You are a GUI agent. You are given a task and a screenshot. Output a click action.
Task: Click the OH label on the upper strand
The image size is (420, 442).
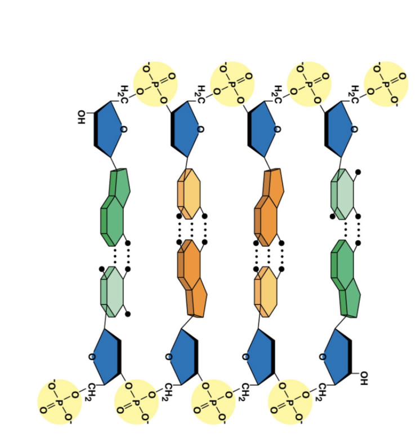click(x=81, y=117)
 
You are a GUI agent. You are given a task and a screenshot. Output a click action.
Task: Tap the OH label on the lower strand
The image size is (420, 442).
click(x=364, y=378)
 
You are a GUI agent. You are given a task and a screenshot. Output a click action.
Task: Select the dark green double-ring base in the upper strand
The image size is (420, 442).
click(x=115, y=207)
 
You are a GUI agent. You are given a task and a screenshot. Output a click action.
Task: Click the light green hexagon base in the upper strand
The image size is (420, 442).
click(x=342, y=194)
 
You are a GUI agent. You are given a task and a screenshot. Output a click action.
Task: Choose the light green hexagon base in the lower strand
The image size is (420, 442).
click(x=111, y=292)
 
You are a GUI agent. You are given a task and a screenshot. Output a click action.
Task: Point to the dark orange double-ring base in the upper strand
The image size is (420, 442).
click(x=269, y=207)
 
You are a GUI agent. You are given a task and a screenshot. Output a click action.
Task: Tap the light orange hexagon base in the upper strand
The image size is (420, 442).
click(x=189, y=194)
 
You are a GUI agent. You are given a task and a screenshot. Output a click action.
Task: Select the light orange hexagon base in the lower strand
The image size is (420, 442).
click(x=266, y=292)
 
